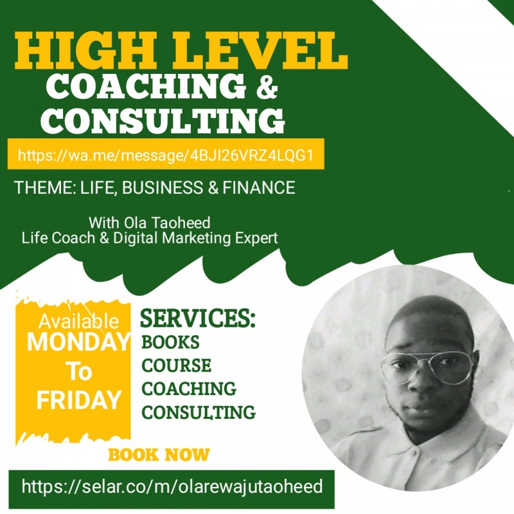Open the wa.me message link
click(166, 155)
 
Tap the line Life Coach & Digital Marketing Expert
click(150, 238)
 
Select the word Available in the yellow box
click(78, 321)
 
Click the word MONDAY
click(78, 342)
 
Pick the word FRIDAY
click(78, 400)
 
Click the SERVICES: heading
click(198, 319)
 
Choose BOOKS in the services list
click(170, 342)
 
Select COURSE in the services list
click(176, 365)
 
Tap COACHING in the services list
click(188, 388)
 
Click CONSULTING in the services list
click(198, 411)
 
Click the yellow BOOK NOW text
click(159, 455)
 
